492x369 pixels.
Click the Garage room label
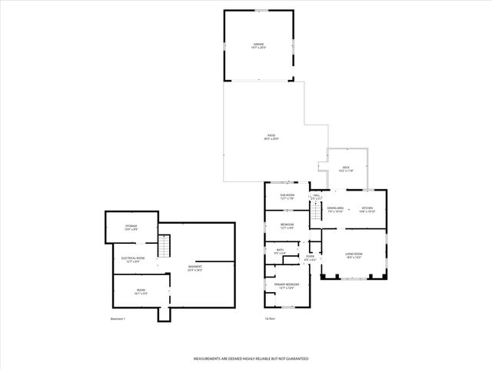tap(259, 46)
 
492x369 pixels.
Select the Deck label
tap(346, 168)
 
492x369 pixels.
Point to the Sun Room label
tap(288, 197)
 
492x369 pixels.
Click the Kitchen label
tap(367, 209)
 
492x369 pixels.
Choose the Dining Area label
tap(335, 209)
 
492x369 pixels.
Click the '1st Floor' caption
tap(270, 318)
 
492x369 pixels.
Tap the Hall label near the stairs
tap(316, 197)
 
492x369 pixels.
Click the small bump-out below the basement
tap(163, 315)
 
